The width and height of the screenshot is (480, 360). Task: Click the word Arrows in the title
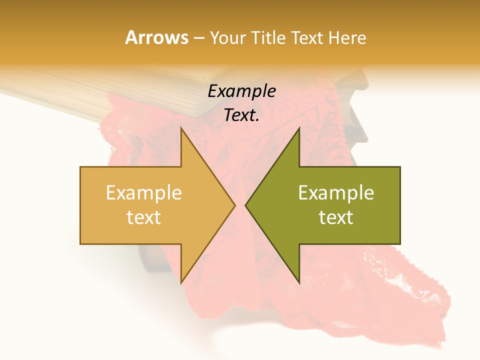pos(156,37)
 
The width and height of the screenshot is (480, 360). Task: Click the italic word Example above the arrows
pos(241,91)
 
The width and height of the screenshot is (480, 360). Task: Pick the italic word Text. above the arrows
pos(241,115)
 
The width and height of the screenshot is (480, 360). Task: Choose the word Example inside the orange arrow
pos(144,193)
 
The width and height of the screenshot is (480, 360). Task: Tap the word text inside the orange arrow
pos(144,217)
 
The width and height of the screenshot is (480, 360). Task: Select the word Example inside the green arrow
pos(336,193)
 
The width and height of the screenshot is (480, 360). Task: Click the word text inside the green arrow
pos(336,217)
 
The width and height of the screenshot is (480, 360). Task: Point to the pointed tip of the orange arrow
pos(234,205)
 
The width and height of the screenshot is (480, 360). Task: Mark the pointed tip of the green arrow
pos(245,205)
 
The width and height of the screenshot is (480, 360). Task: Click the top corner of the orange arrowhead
pos(181,128)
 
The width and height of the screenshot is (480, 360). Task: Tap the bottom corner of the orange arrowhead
pos(181,282)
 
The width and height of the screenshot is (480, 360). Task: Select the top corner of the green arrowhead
pos(299,128)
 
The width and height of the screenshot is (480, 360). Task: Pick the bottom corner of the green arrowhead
pos(299,282)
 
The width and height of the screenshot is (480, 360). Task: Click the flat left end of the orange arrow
pos(81,205)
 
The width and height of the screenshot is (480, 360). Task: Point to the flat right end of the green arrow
pos(399,205)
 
